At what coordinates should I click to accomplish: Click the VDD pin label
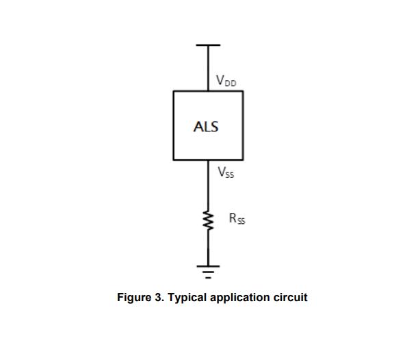point(226,81)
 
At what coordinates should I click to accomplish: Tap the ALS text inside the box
point(206,127)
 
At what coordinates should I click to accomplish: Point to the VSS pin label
point(226,172)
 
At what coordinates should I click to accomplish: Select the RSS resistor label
point(237,219)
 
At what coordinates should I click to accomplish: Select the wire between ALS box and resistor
point(209,185)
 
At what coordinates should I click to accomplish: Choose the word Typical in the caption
point(187,298)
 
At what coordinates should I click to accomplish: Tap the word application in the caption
point(239,298)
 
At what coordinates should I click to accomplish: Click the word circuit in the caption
point(290,298)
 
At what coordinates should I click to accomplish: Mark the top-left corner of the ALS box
point(174,91)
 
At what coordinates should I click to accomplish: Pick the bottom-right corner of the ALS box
point(243,159)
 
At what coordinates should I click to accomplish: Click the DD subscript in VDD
point(231,83)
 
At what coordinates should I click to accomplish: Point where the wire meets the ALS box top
point(209,91)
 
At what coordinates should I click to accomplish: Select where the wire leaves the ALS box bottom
point(209,159)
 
